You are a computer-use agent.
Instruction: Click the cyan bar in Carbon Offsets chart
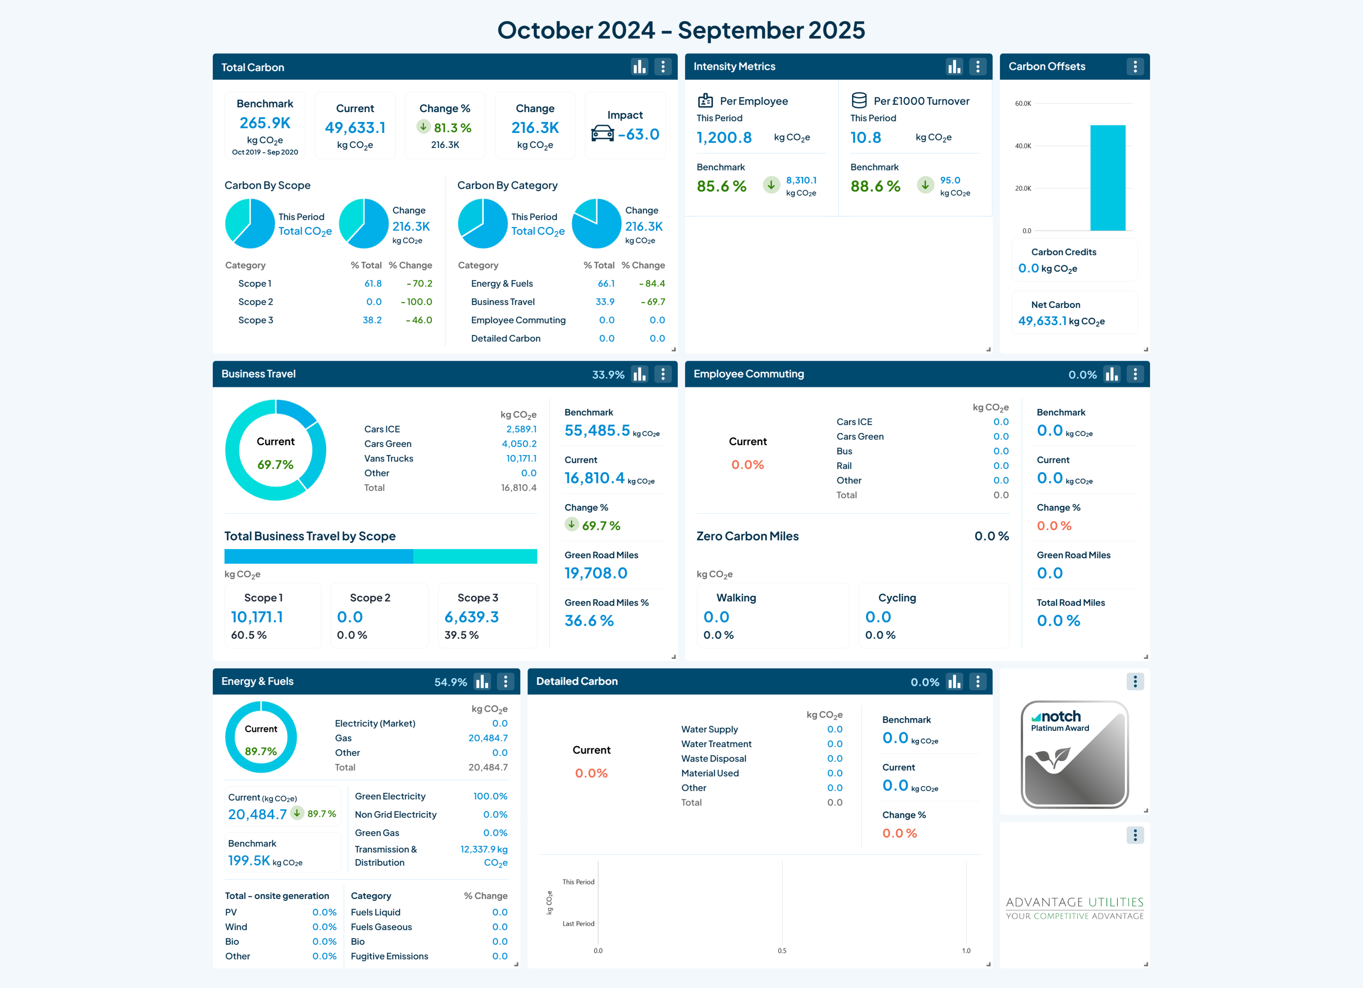pyautogui.click(x=1108, y=178)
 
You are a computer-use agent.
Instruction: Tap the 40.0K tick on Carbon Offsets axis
pyautogui.click(x=1023, y=146)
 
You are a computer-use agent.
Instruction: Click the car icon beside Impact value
pyautogui.click(x=602, y=133)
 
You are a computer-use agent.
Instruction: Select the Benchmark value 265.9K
pyautogui.click(x=265, y=123)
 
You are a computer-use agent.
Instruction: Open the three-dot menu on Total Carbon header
pyautogui.click(x=663, y=67)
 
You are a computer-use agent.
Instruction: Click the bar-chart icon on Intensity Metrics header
pyautogui.click(x=954, y=67)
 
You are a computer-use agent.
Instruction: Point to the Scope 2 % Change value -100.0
pyautogui.click(x=416, y=302)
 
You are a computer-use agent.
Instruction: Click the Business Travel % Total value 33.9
pyautogui.click(x=605, y=302)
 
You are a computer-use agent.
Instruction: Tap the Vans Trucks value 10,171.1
pyautogui.click(x=522, y=458)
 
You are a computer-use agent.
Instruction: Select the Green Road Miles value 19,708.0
pyautogui.click(x=596, y=573)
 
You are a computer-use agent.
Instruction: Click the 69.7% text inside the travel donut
pyautogui.click(x=275, y=464)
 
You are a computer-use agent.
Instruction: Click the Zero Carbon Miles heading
pyautogui.click(x=748, y=536)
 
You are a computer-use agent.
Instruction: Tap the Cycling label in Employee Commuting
pyautogui.click(x=897, y=598)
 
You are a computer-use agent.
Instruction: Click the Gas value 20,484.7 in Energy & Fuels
pyautogui.click(x=488, y=738)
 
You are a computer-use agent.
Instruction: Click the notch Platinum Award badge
pyautogui.click(x=1075, y=754)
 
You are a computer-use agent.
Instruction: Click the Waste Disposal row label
pyautogui.click(x=714, y=759)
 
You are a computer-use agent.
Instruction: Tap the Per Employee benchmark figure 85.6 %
pyautogui.click(x=721, y=186)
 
